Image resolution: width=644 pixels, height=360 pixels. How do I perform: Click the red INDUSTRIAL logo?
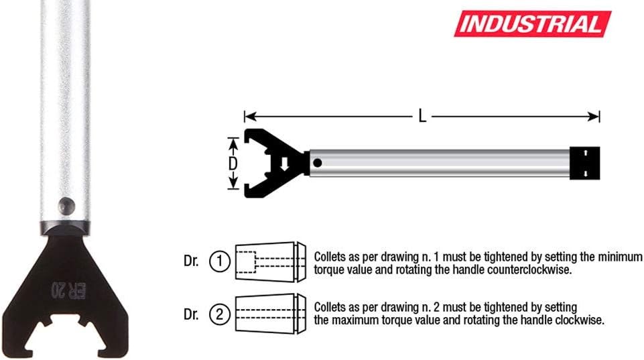coord(532,24)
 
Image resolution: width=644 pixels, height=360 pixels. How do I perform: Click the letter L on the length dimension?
coord(422,116)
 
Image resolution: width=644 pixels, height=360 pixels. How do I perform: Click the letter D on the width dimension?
coord(233,164)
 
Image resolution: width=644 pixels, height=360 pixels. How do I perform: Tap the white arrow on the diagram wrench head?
coord(284,164)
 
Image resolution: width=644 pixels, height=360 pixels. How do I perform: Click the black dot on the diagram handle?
coord(317,163)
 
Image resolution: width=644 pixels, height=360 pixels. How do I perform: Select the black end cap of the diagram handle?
coord(585,163)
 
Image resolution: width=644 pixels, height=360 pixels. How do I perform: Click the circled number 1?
coord(219,261)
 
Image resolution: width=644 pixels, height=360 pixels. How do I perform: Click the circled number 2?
coord(219,315)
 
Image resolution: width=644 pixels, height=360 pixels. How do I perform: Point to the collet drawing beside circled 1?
coord(271,261)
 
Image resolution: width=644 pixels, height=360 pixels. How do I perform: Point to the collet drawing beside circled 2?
coord(271,314)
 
